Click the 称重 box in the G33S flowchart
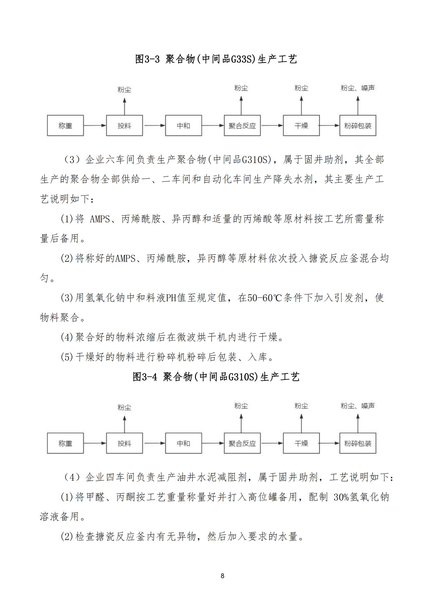click(65, 126)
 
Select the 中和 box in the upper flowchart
click(183, 126)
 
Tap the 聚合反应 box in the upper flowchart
click(242, 126)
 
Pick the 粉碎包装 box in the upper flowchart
click(358, 126)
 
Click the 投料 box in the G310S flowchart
click(124, 443)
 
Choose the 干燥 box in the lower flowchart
click(301, 443)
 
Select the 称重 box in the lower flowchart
click(65, 443)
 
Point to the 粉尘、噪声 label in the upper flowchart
click(358, 88)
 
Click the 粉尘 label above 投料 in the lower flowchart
click(124, 408)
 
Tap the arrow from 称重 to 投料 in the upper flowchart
click(95, 125)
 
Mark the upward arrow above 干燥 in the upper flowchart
click(301, 106)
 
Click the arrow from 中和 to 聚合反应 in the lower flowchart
click(213, 443)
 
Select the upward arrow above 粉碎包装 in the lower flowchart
click(358, 423)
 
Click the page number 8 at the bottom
click(222, 576)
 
